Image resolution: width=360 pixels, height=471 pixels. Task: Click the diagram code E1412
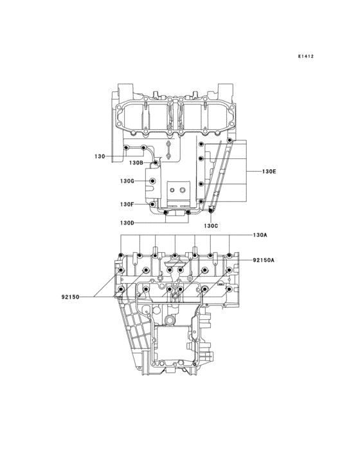tap(305, 57)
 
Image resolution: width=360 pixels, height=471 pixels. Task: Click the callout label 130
tap(99, 156)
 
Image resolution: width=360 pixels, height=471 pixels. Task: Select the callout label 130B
tap(136, 163)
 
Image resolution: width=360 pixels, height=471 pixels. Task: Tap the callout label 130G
tap(126, 181)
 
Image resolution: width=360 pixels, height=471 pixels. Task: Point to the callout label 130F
tap(126, 204)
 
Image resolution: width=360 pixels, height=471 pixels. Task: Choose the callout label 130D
tap(126, 223)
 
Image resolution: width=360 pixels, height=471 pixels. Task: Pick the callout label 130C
tap(212, 226)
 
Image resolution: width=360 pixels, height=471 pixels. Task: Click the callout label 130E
tap(269, 172)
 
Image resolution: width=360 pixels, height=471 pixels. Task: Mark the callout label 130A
tap(260, 235)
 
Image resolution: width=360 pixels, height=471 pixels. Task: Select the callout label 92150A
tap(264, 260)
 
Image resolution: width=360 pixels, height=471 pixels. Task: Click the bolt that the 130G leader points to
tap(152, 181)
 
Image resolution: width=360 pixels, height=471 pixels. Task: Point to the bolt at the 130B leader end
tap(155, 163)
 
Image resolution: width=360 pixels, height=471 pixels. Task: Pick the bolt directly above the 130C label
tap(212, 210)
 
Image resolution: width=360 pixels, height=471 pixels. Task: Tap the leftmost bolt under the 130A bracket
tap(122, 256)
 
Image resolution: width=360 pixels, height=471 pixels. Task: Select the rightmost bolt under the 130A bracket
tap(230, 256)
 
